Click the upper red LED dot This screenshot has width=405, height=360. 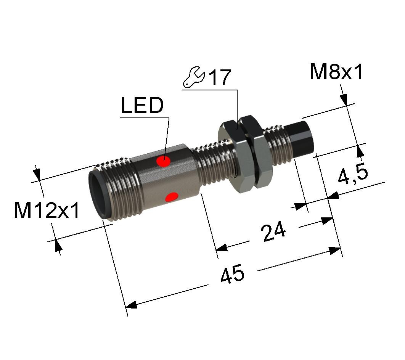[163, 161]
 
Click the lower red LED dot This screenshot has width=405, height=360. [172, 197]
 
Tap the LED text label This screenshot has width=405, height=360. [142, 105]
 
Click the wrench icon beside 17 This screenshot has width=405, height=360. [194, 77]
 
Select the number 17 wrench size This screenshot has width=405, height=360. [219, 77]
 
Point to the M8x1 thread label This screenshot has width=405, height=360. [336, 72]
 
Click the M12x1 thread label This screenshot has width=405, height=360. [47, 210]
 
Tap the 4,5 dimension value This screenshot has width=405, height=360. [353, 174]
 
